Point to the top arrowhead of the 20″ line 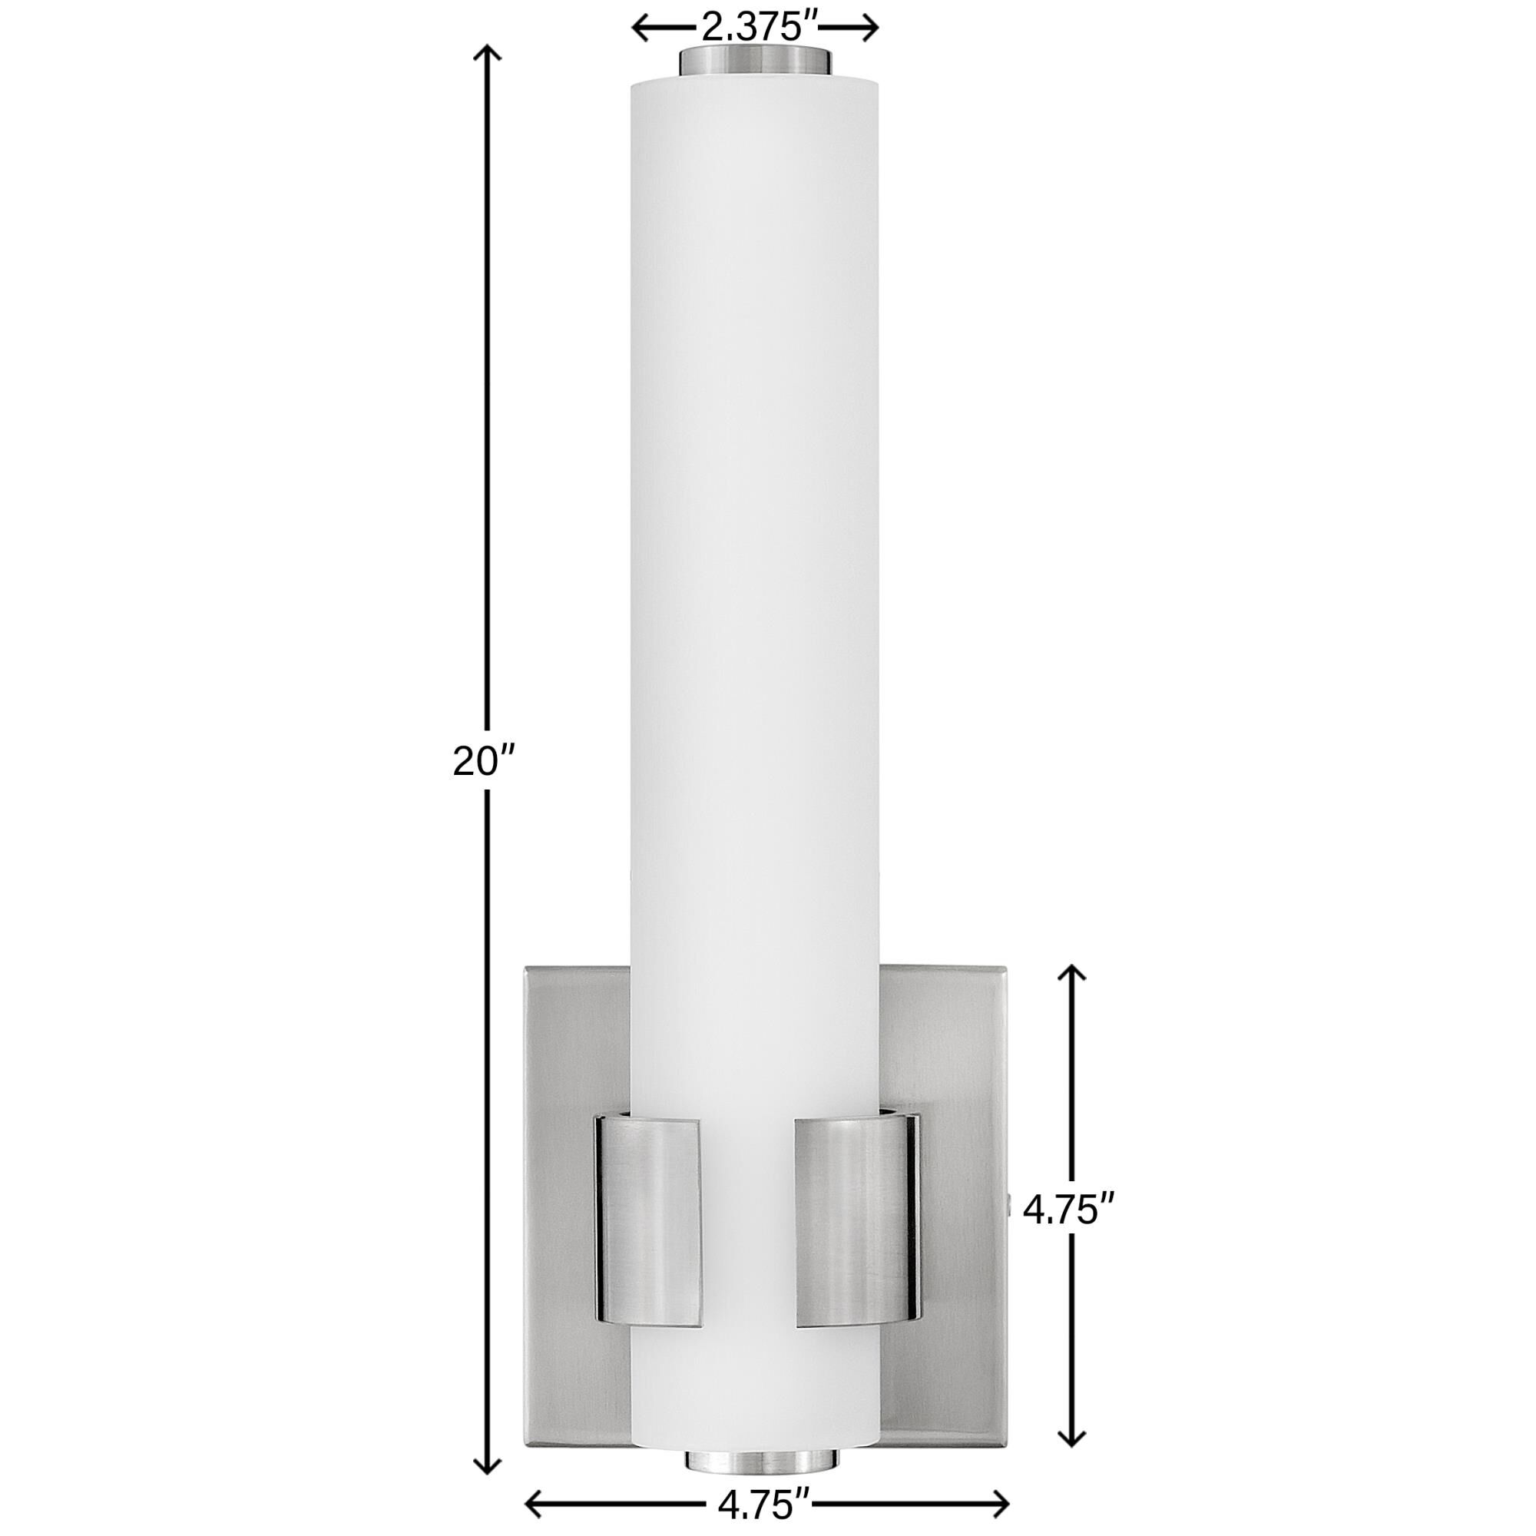(x=488, y=53)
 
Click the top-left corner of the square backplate (x=525, y=968)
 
